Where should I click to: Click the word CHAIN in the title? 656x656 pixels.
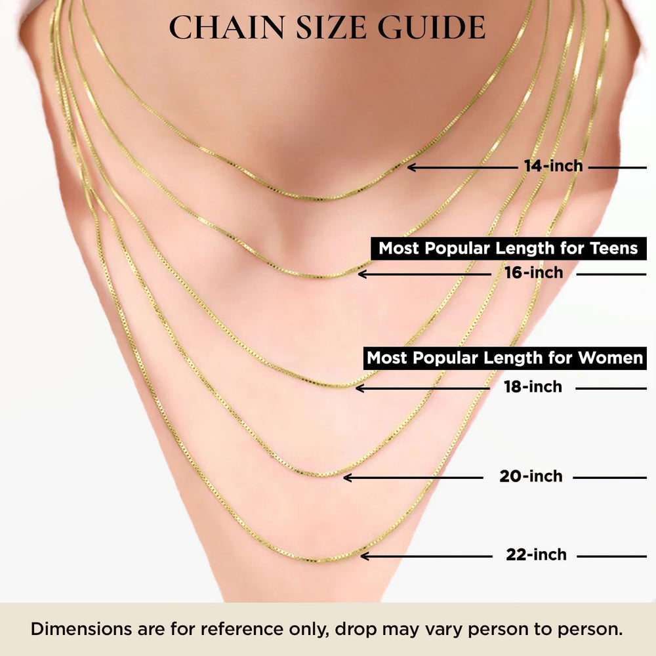(226, 28)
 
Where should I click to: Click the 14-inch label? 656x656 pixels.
(553, 166)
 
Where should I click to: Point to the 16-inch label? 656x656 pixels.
(533, 273)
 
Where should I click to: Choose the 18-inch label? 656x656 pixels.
(533, 387)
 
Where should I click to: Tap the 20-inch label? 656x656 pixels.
(531, 476)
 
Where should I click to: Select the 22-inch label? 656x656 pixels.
(536, 555)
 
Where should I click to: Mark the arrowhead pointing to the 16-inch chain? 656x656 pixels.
(361, 274)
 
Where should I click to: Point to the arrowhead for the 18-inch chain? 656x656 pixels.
(359, 388)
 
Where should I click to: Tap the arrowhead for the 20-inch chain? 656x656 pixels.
(347, 478)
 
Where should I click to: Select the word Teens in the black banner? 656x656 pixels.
(614, 248)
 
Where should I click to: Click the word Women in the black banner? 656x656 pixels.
(610, 358)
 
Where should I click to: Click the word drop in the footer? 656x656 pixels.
(356, 630)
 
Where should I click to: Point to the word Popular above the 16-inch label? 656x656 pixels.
(457, 249)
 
